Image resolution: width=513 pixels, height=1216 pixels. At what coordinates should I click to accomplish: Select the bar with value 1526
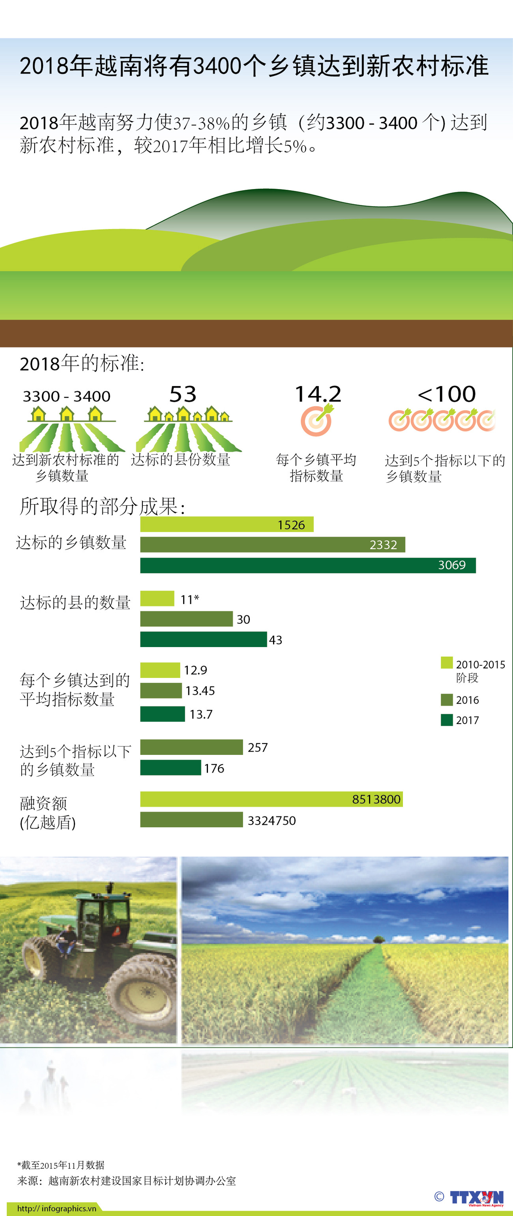(x=227, y=524)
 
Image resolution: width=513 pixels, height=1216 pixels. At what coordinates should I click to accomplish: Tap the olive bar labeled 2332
(x=272, y=545)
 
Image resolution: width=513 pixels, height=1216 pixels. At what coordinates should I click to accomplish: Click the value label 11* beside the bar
(x=189, y=599)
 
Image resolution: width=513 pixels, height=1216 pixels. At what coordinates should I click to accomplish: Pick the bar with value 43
(x=203, y=640)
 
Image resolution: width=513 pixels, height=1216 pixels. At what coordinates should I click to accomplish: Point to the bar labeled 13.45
(x=161, y=691)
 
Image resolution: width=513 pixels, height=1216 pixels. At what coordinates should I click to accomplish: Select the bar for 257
(x=191, y=747)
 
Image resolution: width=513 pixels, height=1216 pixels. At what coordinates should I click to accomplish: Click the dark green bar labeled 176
(x=170, y=768)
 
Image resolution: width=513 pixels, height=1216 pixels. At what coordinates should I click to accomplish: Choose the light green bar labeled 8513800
(x=271, y=799)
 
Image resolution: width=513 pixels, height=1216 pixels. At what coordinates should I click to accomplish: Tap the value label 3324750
(x=271, y=820)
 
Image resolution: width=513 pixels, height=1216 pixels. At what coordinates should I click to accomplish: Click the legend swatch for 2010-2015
(x=446, y=663)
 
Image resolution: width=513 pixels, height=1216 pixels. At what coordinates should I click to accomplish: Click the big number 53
(x=183, y=394)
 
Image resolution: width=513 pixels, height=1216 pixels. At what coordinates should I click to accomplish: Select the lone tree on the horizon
(x=378, y=939)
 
